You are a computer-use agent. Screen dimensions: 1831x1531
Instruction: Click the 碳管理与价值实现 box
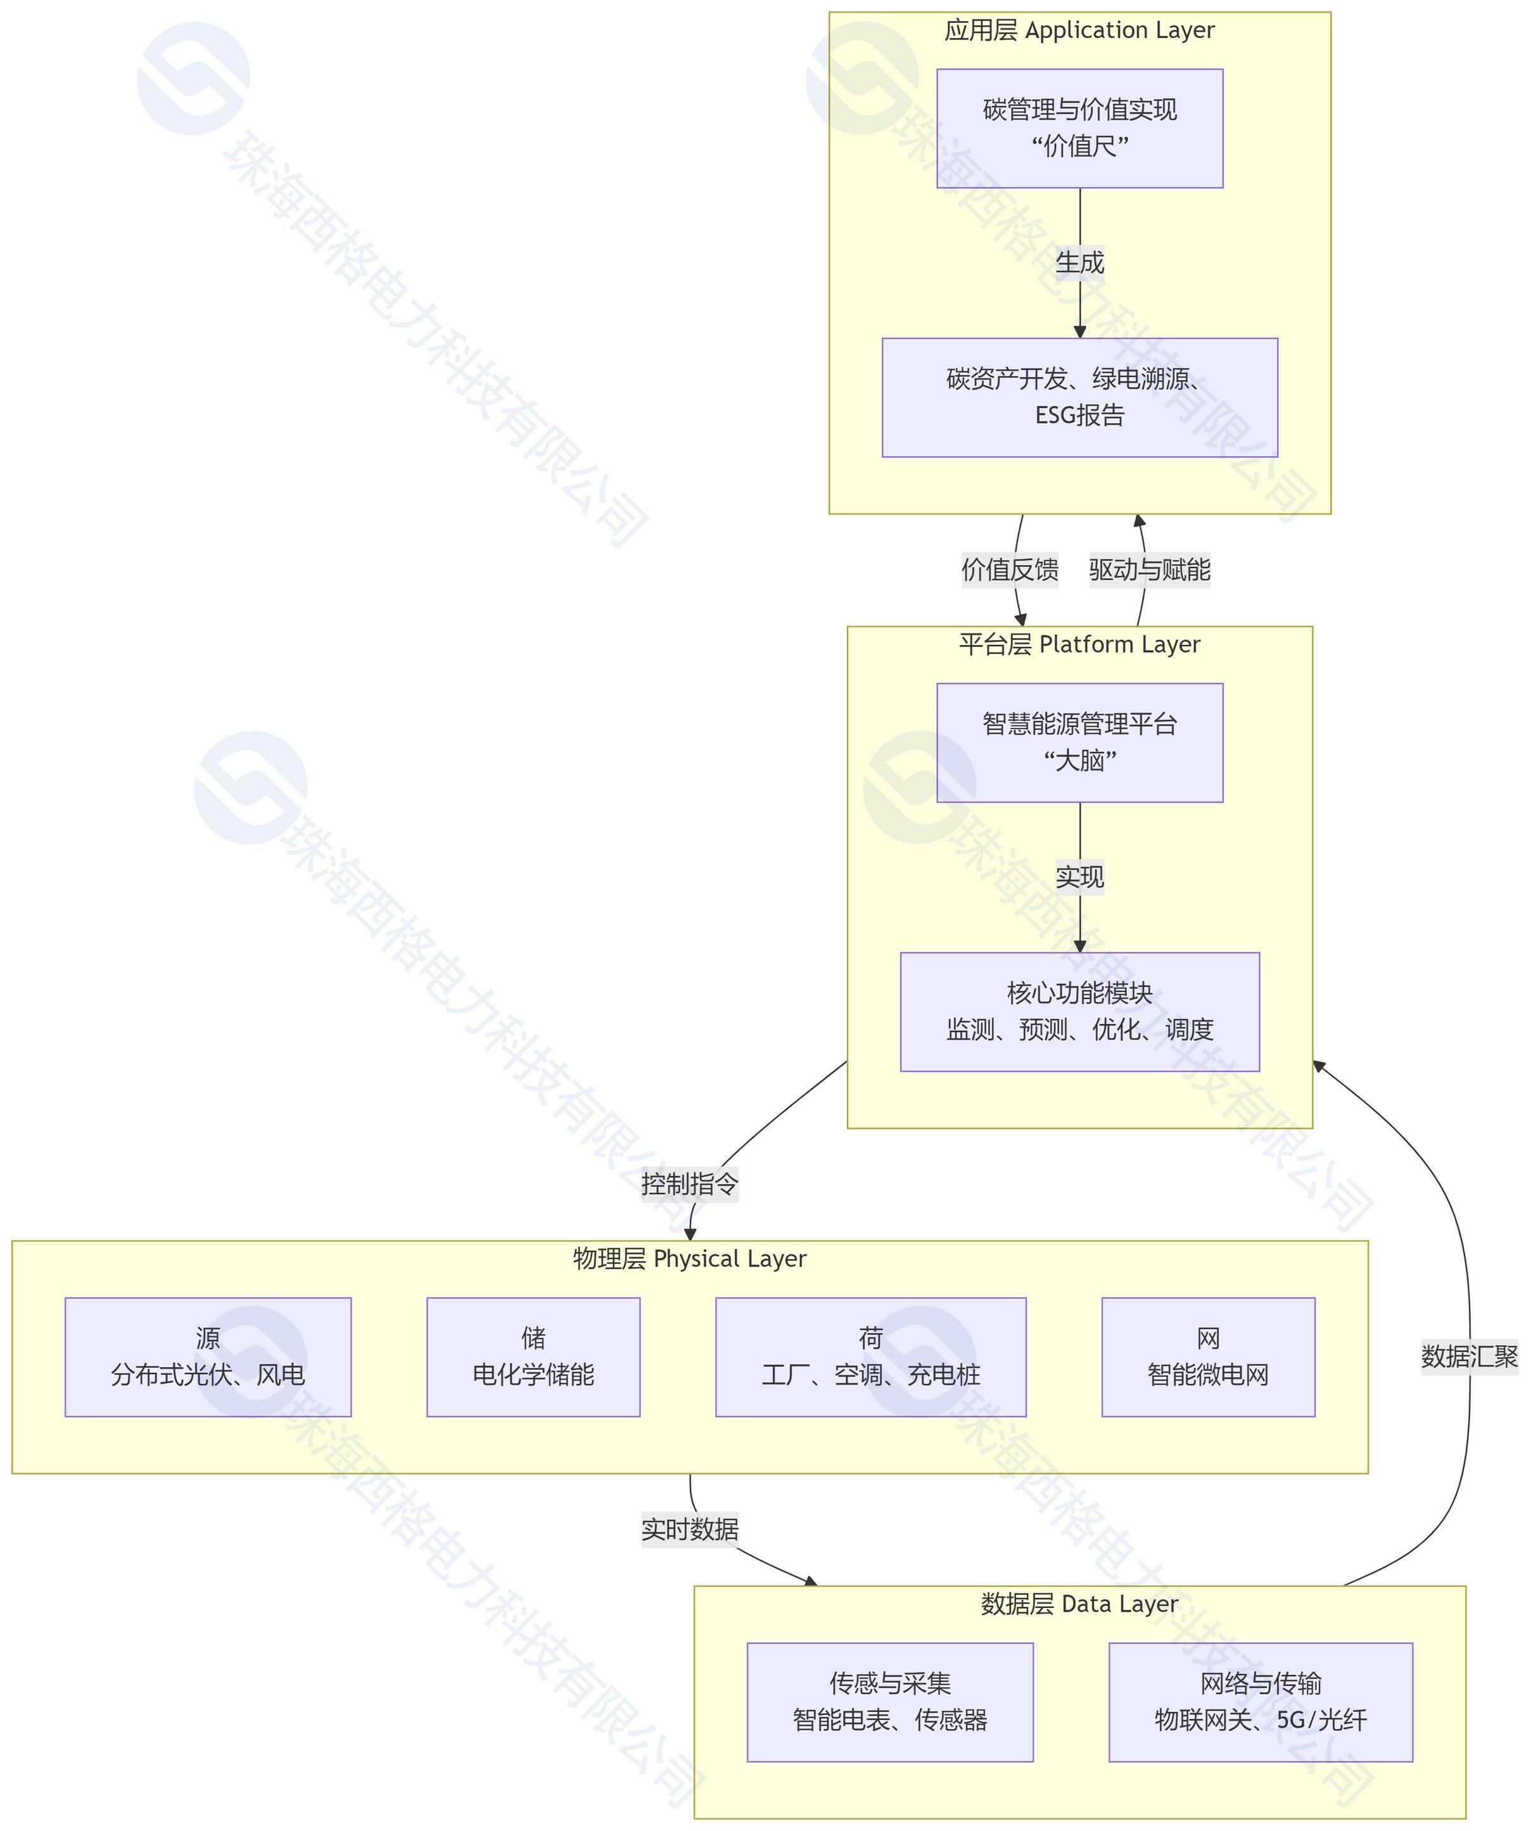tap(1079, 128)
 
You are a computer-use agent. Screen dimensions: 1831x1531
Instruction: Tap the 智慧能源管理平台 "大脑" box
tap(1079, 742)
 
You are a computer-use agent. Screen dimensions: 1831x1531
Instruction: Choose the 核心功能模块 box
tap(1079, 1011)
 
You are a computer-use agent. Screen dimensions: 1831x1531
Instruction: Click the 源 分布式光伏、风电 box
tap(208, 1356)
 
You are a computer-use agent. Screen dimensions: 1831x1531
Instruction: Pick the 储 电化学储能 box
tap(533, 1356)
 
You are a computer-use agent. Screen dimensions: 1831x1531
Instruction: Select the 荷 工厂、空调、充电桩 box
tap(870, 1356)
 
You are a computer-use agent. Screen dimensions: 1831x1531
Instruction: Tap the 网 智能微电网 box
tap(1207, 1356)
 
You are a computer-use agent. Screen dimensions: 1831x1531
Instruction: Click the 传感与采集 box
tap(889, 1702)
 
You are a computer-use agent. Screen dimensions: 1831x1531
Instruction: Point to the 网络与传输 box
tap(1260, 1702)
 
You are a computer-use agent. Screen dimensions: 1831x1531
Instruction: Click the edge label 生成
tap(1079, 262)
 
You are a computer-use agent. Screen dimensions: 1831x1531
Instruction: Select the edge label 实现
tap(1079, 876)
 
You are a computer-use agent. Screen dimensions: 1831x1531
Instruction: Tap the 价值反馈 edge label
tap(1010, 570)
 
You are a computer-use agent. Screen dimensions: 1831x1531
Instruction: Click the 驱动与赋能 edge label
tap(1149, 570)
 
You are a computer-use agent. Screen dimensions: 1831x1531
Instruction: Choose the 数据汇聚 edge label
tap(1469, 1356)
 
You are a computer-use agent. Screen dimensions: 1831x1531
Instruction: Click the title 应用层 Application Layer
tap(1079, 30)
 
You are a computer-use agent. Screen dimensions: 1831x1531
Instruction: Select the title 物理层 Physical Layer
tap(690, 1259)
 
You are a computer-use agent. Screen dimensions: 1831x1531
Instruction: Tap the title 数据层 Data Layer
tap(1079, 1604)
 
